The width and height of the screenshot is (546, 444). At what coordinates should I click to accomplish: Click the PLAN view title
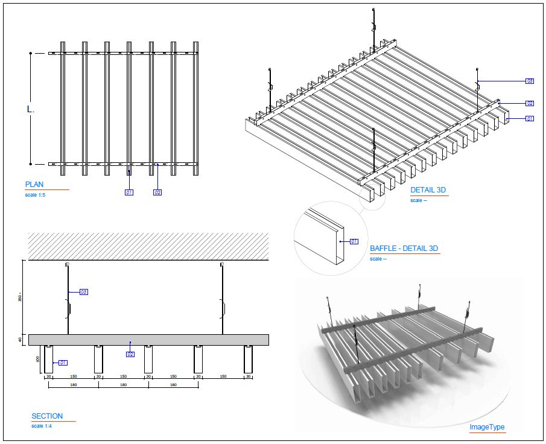(x=34, y=185)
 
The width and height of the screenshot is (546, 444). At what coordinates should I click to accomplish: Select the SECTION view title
(x=47, y=416)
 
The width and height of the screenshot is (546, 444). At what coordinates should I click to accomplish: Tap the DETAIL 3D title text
(x=428, y=191)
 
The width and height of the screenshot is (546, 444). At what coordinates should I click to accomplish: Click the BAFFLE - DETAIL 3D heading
(x=404, y=249)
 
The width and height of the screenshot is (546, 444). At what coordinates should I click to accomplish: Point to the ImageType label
(x=487, y=427)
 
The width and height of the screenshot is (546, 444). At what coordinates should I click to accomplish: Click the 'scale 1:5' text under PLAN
(x=36, y=195)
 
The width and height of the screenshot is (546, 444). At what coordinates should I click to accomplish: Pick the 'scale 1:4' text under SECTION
(x=42, y=426)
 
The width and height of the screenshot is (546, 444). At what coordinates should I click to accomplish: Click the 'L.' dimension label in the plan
(x=31, y=110)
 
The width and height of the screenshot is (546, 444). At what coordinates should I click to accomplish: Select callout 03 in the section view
(x=84, y=292)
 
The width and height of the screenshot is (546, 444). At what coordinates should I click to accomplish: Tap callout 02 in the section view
(x=130, y=354)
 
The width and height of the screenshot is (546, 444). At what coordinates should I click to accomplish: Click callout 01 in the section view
(x=62, y=363)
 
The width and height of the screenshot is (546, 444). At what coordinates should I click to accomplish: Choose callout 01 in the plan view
(x=129, y=192)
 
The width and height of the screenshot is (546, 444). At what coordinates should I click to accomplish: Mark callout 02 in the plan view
(x=157, y=192)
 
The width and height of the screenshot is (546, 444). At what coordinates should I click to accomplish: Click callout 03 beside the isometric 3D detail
(x=529, y=81)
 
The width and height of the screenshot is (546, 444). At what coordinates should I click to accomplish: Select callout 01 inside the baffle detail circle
(x=354, y=241)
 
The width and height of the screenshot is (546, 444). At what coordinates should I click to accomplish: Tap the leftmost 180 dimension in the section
(x=74, y=384)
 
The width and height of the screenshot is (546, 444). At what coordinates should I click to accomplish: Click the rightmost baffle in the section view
(x=247, y=359)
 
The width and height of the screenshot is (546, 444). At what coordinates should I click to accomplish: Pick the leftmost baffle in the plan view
(x=62, y=109)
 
